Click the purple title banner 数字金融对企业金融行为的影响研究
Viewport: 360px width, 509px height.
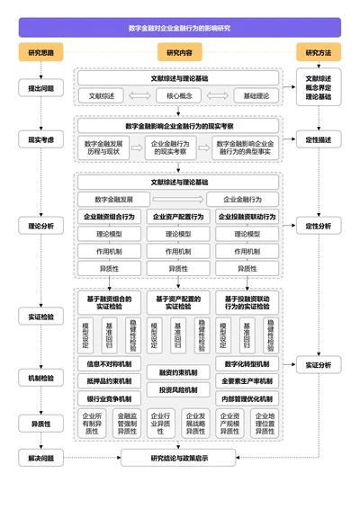(x=179, y=28)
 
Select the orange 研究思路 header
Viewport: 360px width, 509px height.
(x=40, y=53)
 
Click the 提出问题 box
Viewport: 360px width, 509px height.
(x=40, y=88)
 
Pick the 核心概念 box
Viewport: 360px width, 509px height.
(x=179, y=95)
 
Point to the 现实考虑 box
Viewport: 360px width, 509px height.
(x=40, y=139)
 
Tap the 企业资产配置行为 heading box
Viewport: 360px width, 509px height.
(x=179, y=217)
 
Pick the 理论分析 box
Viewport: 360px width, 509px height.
(x=40, y=226)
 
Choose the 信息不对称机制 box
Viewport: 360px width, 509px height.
(x=109, y=364)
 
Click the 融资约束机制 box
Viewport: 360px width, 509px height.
(x=179, y=372)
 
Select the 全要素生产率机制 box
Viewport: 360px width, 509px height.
(x=248, y=380)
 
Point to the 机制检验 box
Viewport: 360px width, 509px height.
(x=40, y=379)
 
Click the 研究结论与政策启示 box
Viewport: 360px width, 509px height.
(x=179, y=459)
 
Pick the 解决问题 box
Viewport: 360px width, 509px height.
(x=40, y=459)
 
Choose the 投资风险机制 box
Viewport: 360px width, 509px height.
(x=179, y=389)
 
